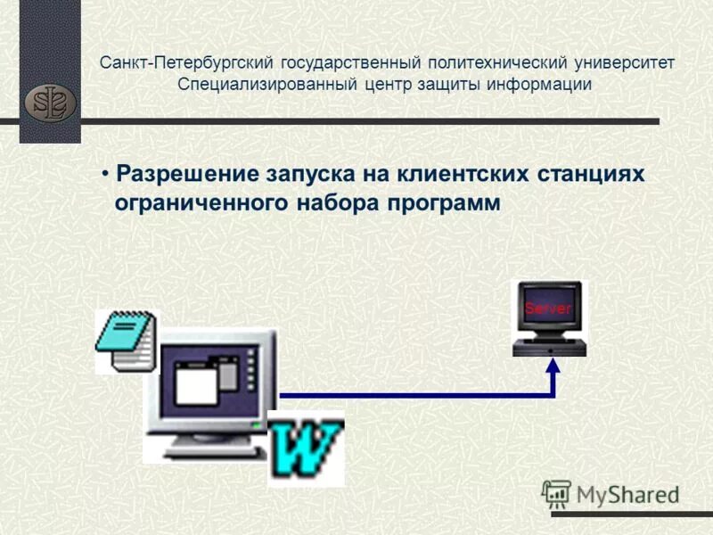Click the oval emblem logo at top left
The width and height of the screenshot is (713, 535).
tap(50, 103)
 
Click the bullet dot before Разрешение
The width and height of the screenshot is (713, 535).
tap(105, 172)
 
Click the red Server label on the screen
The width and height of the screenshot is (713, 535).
tap(547, 309)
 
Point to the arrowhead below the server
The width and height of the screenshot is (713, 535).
tap(553, 365)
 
